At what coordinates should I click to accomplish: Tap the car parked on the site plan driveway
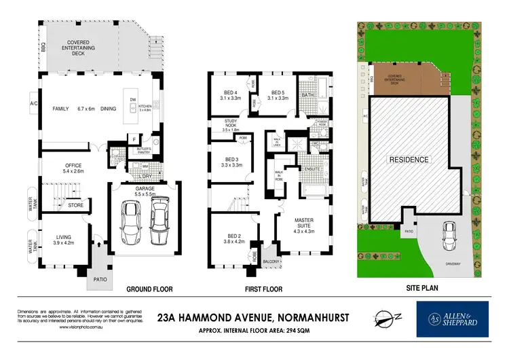449,235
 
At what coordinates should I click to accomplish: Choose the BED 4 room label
231,94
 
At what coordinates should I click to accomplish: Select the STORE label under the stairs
75,204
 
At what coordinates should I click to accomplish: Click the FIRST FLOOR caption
262,289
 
